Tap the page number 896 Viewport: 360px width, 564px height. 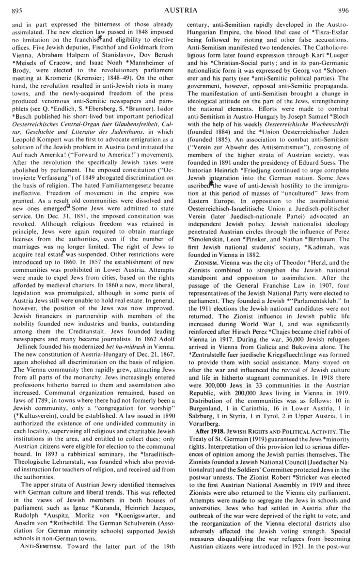click(x=344, y=9)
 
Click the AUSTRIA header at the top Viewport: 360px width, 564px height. click(x=180, y=9)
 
